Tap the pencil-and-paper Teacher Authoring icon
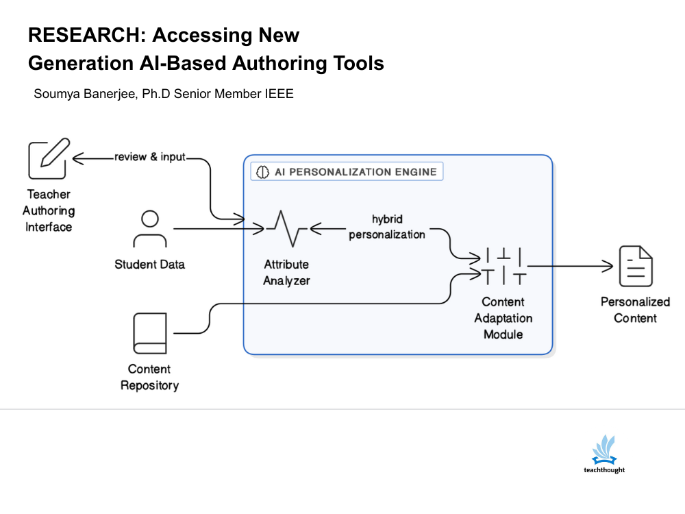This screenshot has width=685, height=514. tap(49, 158)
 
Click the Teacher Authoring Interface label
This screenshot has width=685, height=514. tap(49, 210)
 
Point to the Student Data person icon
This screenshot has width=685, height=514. tap(149, 229)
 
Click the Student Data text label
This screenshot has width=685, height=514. tap(149, 265)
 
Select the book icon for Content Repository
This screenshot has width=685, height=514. tap(149, 334)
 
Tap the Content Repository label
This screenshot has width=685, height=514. tap(149, 377)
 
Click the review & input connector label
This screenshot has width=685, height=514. tap(150, 157)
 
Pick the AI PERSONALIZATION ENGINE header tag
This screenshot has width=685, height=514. tap(347, 171)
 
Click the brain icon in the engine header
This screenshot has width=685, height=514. tap(262, 172)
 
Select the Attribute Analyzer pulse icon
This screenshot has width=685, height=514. tap(286, 228)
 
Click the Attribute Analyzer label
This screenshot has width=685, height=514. tap(286, 272)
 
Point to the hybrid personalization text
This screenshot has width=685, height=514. tap(387, 227)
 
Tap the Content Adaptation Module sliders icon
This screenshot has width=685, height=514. tap(503, 266)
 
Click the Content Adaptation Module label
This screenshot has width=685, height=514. tap(503, 318)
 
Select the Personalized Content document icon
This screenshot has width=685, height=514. tap(636, 266)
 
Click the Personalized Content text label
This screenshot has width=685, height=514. tap(635, 310)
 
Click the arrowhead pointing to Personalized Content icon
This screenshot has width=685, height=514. tap(606, 266)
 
